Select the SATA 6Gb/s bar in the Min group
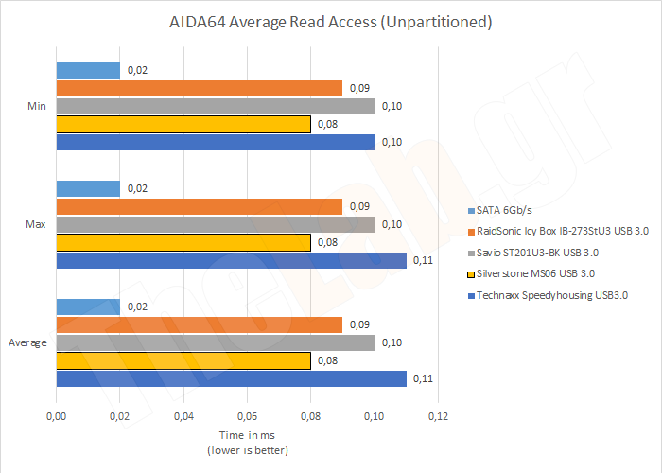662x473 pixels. pyautogui.click(x=88, y=70)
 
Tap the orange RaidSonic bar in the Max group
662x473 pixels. pyautogui.click(x=199, y=206)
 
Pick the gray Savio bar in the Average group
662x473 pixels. pyautogui.click(x=215, y=342)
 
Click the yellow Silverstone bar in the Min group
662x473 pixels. pyautogui.click(x=183, y=124)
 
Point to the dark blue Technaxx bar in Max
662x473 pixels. pyautogui.click(x=231, y=260)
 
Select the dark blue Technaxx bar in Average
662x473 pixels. pyautogui.click(x=231, y=378)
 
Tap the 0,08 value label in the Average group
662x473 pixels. pyautogui.click(x=325, y=360)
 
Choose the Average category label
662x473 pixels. pyautogui.click(x=27, y=342)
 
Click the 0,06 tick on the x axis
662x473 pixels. pyautogui.click(x=247, y=415)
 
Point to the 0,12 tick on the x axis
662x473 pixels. pyautogui.click(x=438, y=415)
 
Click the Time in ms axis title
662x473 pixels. pyautogui.click(x=248, y=434)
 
